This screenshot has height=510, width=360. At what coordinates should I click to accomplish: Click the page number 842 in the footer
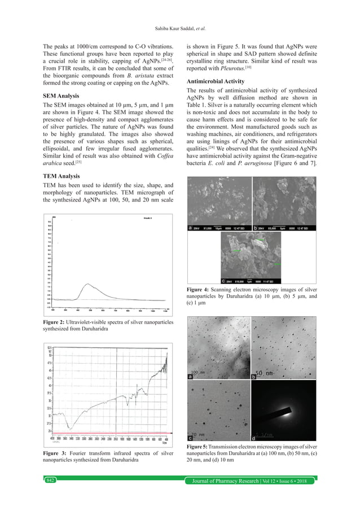point(51,480)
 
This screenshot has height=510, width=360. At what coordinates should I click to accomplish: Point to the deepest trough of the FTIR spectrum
point(68,427)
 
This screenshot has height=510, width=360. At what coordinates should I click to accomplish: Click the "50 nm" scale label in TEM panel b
point(264,374)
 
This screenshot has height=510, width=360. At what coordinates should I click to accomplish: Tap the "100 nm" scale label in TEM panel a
point(197,373)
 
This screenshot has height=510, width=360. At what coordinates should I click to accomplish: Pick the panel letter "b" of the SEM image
point(255,228)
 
